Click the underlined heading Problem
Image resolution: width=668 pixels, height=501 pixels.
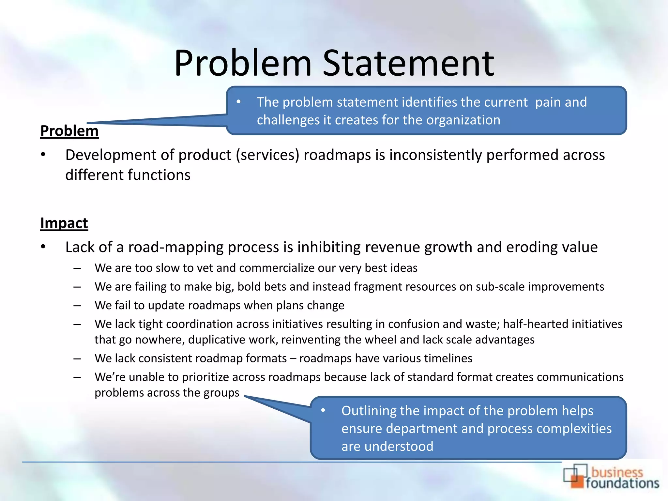tap(69, 131)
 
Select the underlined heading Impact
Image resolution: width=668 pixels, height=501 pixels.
tap(64, 223)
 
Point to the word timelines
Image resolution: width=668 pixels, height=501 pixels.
tap(448, 358)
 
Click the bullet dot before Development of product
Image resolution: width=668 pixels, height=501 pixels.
tap(43, 155)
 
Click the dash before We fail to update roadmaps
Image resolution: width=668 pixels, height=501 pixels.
tap(77, 306)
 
